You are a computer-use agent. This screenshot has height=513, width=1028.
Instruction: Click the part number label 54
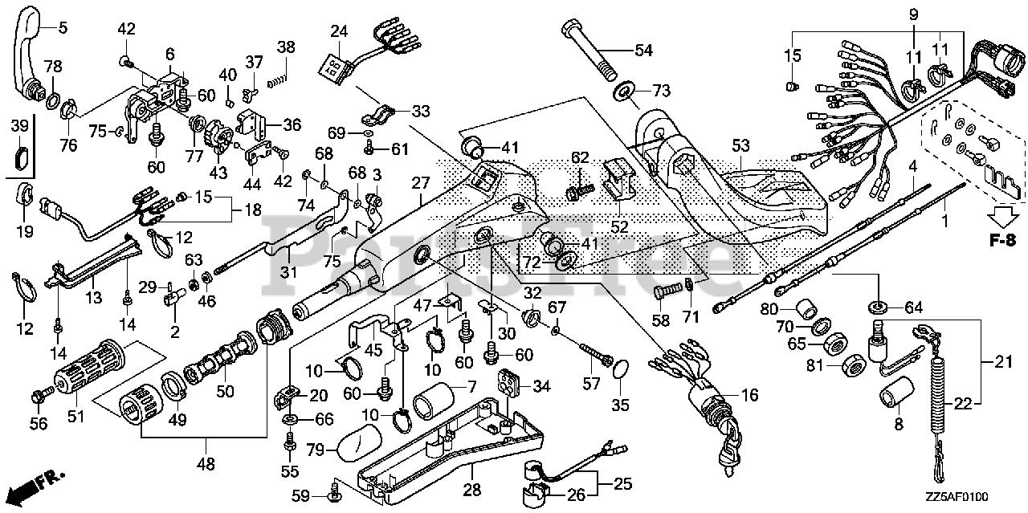[x=643, y=50]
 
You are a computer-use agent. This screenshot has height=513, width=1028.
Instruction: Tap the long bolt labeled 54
[x=589, y=50]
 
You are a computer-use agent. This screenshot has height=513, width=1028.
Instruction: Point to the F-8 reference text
[x=1003, y=239]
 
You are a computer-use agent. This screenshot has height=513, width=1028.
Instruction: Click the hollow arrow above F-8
[x=1004, y=217]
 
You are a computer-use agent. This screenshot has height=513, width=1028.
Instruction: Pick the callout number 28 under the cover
[x=471, y=490]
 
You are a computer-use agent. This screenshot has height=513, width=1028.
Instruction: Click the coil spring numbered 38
[x=278, y=79]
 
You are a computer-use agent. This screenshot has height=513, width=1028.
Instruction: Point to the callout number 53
[x=740, y=145]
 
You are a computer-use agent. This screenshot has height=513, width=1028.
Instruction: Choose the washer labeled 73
[x=623, y=92]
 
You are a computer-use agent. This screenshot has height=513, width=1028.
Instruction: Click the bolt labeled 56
[x=39, y=395]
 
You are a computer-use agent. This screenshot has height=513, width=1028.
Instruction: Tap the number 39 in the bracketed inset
[x=19, y=124]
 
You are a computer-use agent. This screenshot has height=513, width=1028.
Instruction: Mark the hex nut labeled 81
[x=853, y=366]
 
